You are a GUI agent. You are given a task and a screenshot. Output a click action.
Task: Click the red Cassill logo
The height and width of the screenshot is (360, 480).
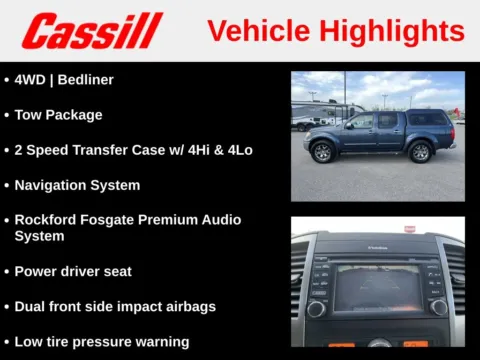pyautogui.click(x=92, y=31)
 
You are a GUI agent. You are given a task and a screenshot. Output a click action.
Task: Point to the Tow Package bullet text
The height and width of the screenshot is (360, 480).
pyautogui.click(x=58, y=114)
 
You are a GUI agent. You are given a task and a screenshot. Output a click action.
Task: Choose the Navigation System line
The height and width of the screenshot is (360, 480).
pyautogui.click(x=77, y=185)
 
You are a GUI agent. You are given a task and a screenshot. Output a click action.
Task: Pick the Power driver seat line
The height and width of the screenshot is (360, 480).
pyautogui.click(x=73, y=271)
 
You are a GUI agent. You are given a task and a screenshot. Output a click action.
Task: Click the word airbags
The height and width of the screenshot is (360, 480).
pyautogui.click(x=188, y=306)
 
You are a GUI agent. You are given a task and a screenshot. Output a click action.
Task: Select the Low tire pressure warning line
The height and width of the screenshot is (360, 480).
pyautogui.click(x=101, y=342)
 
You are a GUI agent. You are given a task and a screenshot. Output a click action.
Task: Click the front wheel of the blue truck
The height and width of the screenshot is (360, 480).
pyautogui.click(x=322, y=152)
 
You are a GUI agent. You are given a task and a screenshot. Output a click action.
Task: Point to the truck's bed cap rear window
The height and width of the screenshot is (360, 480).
pyautogui.click(x=428, y=119)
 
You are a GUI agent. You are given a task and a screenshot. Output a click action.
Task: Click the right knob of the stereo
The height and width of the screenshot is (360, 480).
pyautogui.click(x=437, y=307)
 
